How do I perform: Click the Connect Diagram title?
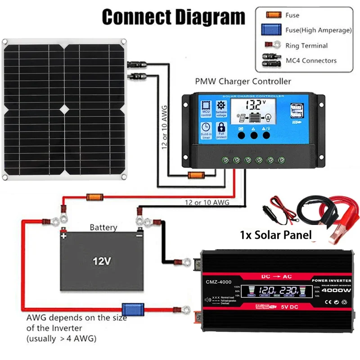[173, 17]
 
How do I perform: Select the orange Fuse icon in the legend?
[270, 15]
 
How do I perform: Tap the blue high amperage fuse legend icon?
[270, 30]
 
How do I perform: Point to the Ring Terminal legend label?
[306, 45]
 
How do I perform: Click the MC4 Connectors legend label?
[311, 60]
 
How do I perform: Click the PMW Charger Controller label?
[243, 81]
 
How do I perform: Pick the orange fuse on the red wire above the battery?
[94, 197]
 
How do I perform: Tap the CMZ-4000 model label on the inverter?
[219, 282]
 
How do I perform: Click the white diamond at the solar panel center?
[64, 109]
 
